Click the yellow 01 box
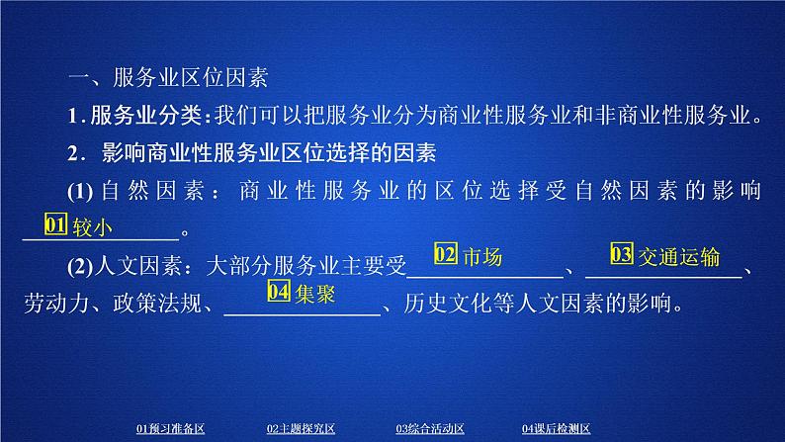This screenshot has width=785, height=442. (x=55, y=226)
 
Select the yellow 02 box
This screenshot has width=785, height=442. (x=445, y=256)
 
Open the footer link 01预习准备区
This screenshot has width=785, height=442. (x=170, y=428)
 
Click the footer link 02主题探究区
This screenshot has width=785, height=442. (x=302, y=428)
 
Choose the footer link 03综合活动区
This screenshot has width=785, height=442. (x=431, y=428)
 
